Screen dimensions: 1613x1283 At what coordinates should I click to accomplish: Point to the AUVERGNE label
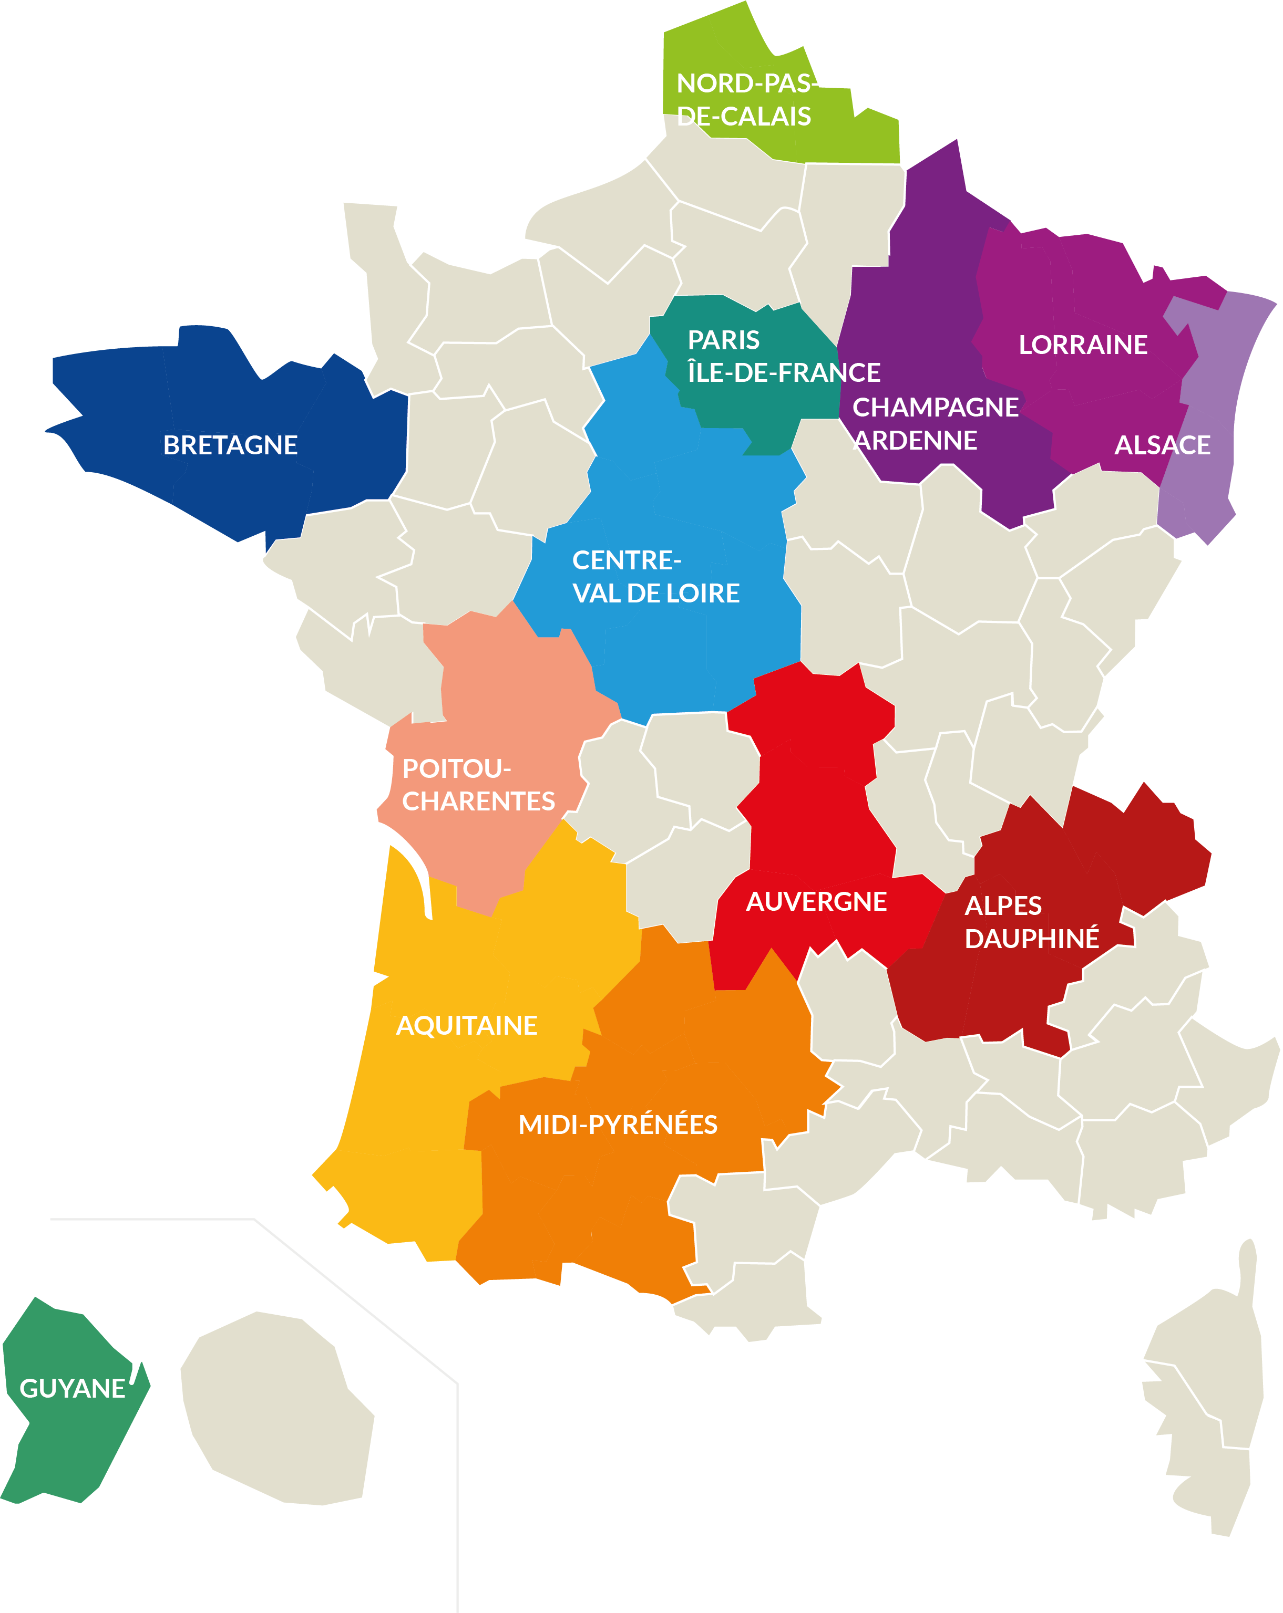[x=816, y=901]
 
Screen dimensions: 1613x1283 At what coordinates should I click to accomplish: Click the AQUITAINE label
[x=466, y=1025]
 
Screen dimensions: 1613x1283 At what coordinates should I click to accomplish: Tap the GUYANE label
[x=72, y=1389]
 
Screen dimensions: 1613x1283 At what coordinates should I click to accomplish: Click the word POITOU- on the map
[x=457, y=768]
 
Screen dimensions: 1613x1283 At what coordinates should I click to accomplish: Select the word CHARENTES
[x=478, y=802]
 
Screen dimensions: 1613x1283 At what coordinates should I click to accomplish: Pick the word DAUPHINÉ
[x=1031, y=938]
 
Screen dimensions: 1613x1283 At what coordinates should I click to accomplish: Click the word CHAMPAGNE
[x=935, y=407]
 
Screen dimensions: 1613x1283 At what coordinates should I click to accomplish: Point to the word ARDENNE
[x=916, y=440]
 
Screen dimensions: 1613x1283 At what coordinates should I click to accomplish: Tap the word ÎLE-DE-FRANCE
[x=783, y=372]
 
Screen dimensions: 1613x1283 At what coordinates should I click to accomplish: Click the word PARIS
[x=723, y=340]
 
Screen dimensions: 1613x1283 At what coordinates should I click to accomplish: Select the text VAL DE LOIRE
[x=656, y=594]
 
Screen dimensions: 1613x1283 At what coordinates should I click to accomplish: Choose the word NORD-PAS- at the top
[x=745, y=83]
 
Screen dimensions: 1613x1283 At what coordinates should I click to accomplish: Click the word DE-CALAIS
[x=743, y=116]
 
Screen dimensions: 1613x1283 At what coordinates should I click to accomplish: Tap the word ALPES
[x=1003, y=906]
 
